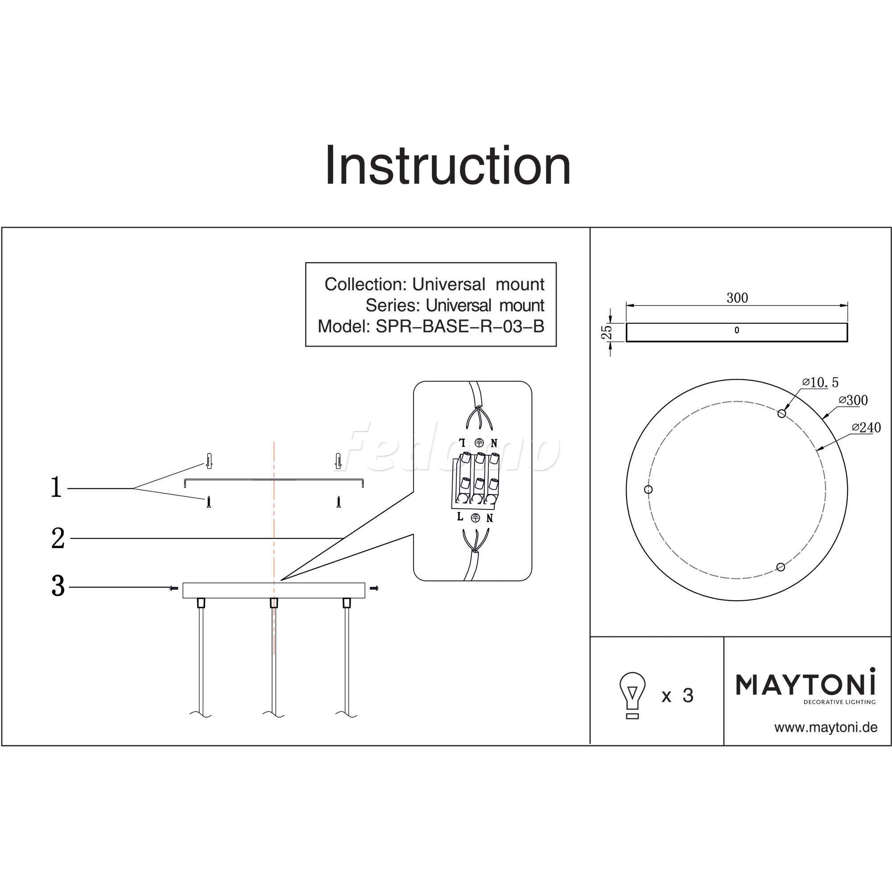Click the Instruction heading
(447, 166)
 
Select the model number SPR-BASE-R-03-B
(460, 326)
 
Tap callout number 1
(56, 487)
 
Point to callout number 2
(58, 538)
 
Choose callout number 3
(58, 586)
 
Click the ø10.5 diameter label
(821, 382)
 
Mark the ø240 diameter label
(867, 428)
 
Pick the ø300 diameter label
(853, 401)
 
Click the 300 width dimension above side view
(737, 298)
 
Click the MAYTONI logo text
(805, 684)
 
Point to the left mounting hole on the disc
(648, 489)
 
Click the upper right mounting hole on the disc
(782, 413)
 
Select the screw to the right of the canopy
(375, 588)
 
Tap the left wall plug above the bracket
(209, 461)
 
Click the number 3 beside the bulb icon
(688, 696)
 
